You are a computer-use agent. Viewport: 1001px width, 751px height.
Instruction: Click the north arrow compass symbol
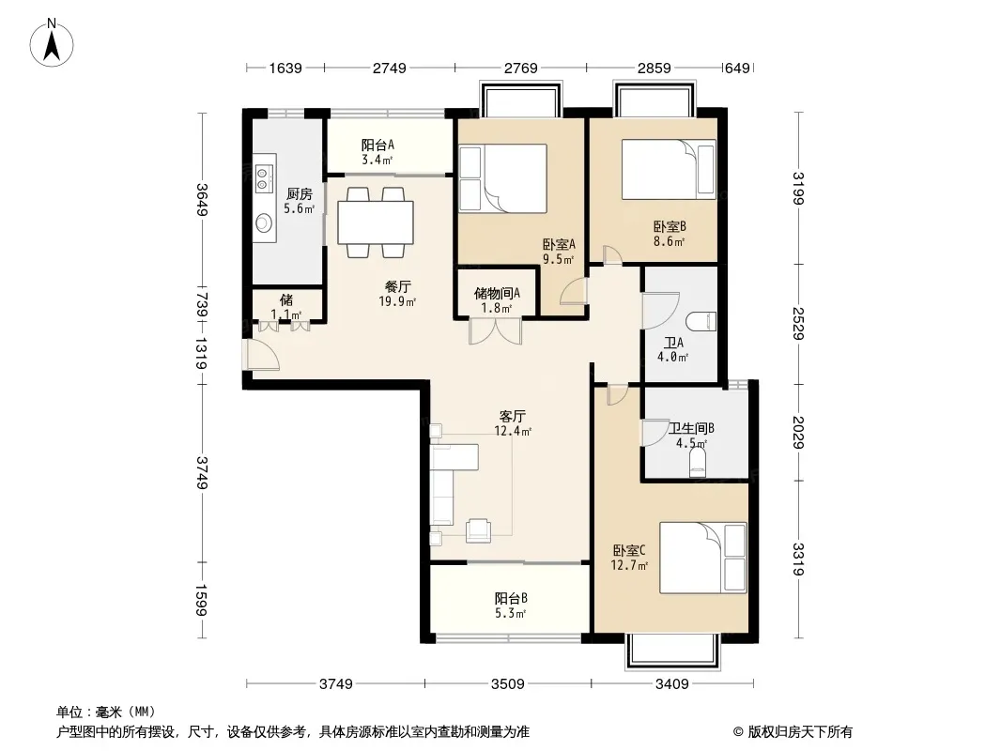pyautogui.click(x=51, y=43)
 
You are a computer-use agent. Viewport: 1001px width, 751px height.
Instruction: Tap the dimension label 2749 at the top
pyautogui.click(x=390, y=68)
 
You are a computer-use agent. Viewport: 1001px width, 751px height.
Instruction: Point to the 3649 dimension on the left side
pyautogui.click(x=202, y=199)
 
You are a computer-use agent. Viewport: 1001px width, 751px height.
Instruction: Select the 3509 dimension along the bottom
pyautogui.click(x=507, y=684)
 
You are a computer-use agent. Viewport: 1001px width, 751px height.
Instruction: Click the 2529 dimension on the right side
pyautogui.click(x=798, y=324)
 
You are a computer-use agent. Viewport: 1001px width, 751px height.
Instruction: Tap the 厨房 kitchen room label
pyautogui.click(x=299, y=194)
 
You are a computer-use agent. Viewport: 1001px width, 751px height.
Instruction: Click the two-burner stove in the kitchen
pyautogui.click(x=264, y=178)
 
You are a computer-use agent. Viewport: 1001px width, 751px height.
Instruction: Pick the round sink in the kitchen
pyautogui.click(x=264, y=222)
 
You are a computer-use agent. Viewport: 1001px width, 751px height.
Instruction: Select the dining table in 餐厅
pyautogui.click(x=376, y=222)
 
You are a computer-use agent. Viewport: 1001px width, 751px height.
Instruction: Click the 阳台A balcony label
pyautogui.click(x=377, y=145)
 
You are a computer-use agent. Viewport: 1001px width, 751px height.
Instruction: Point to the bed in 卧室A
pyautogui.click(x=503, y=178)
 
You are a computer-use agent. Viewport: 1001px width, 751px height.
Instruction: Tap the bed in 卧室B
pyautogui.click(x=669, y=170)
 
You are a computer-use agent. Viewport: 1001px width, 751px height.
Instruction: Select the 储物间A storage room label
pyautogui.click(x=497, y=293)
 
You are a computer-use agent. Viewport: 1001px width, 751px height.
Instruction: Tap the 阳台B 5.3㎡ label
pyautogui.click(x=510, y=605)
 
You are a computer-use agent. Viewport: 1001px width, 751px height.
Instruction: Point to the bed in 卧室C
pyautogui.click(x=703, y=558)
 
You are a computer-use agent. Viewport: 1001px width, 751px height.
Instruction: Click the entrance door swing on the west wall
pyautogui.click(x=260, y=354)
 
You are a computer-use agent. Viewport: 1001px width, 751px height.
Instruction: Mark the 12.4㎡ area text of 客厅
pyautogui.click(x=513, y=431)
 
